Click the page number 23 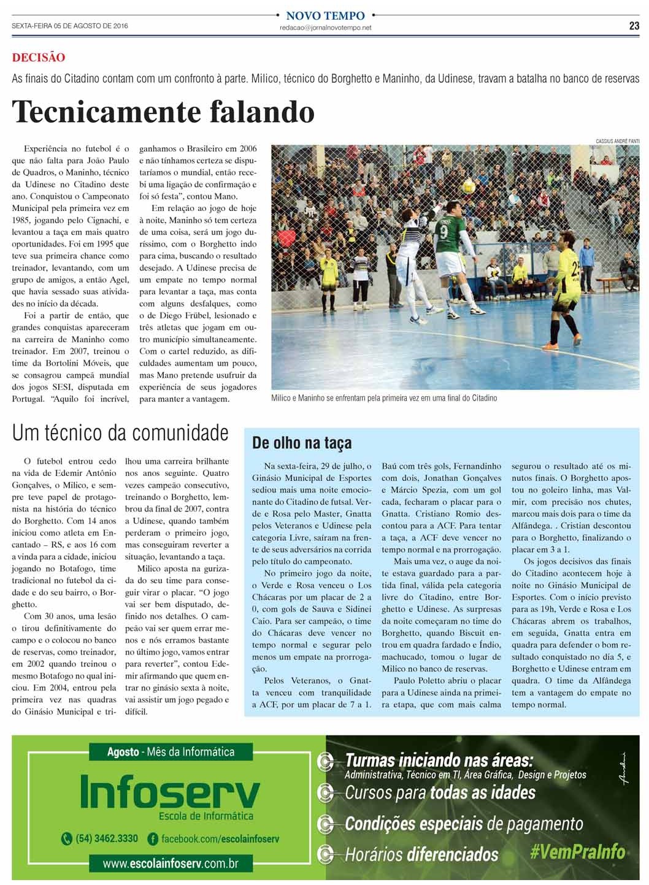[634, 26]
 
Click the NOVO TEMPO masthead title [325, 15]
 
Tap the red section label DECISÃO [39, 58]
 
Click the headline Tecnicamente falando [163, 111]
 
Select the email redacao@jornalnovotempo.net [325, 28]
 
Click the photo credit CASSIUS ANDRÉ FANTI [617, 141]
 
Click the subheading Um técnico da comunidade [120, 433]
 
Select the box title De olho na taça [302, 443]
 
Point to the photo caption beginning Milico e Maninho [384, 398]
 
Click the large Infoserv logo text [170, 792]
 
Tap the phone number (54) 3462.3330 [106, 838]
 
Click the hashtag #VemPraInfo [577, 851]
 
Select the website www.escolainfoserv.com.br [170, 864]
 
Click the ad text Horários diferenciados [421, 854]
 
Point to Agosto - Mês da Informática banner [171, 751]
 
